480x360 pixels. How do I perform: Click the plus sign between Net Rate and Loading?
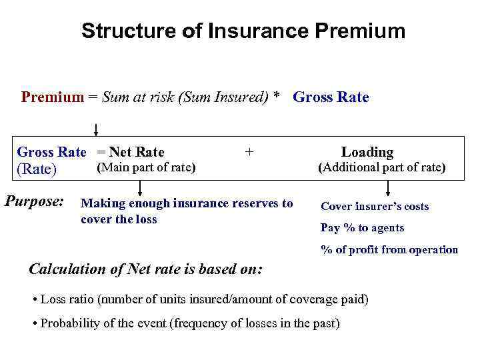pos(249,152)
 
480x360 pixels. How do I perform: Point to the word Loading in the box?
pos(367,152)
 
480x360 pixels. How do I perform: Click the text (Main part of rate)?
pos(146,167)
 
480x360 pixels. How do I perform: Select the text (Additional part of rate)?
pos(381,167)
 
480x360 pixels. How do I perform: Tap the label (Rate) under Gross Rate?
pos(37,169)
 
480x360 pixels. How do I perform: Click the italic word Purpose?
pos(35,200)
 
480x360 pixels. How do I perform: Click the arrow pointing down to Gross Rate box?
pos(96,130)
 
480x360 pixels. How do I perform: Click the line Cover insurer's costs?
pos(375,207)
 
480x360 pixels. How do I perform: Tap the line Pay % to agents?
pos(362,228)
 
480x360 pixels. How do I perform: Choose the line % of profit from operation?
pos(389,250)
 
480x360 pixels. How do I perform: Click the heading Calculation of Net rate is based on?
pos(146,269)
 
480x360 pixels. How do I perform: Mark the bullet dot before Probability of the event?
pos(35,324)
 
